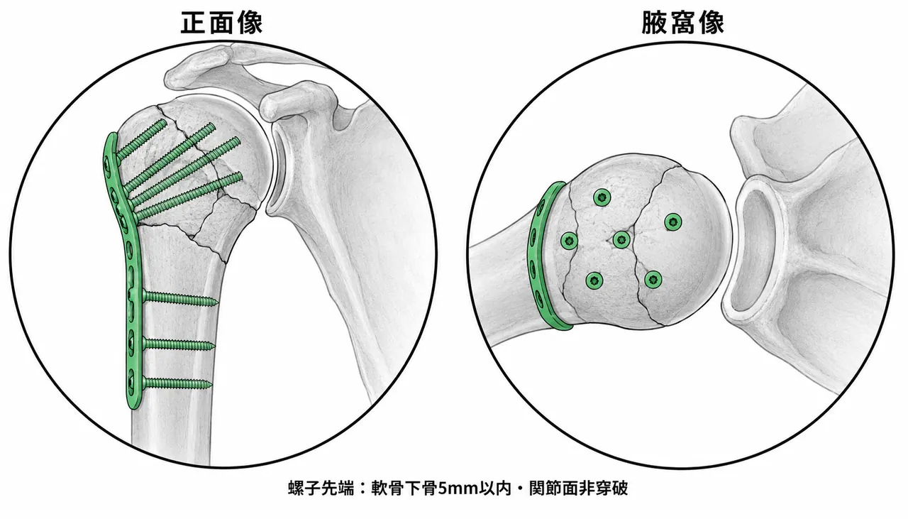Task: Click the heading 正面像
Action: [221, 23]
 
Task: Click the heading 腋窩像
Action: [682, 23]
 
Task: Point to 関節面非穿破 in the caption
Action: [578, 488]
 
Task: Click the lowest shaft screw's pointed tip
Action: [211, 384]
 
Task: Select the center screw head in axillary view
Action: [621, 240]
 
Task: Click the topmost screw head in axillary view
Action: [602, 197]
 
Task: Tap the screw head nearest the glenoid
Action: [673, 222]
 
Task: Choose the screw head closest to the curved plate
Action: [569, 241]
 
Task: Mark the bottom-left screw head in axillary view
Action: [594, 280]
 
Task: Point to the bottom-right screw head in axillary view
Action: [653, 279]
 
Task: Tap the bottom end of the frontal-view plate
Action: [134, 406]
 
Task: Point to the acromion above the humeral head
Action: [203, 67]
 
